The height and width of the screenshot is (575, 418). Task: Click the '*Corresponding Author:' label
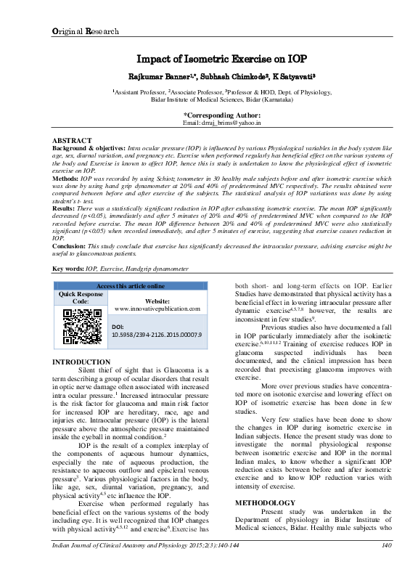222,115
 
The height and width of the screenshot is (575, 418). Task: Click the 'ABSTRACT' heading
73,139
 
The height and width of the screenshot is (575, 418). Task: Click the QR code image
81,327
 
